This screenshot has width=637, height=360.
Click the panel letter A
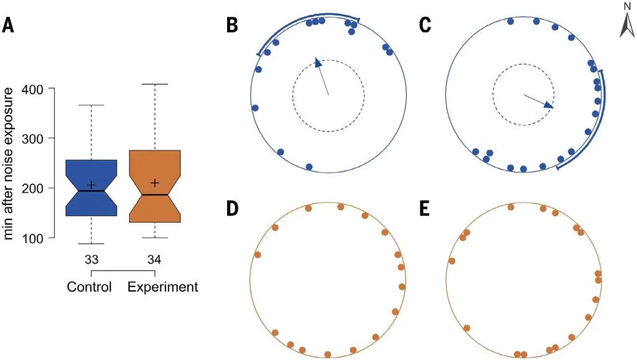[x=8, y=25]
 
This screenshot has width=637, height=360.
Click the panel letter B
[x=232, y=25]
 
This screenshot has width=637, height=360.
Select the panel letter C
[x=425, y=25]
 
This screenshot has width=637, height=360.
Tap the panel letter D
[x=232, y=209]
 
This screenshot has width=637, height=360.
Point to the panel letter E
[x=424, y=209]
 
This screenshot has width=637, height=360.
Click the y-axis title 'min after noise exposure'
[x=8, y=164]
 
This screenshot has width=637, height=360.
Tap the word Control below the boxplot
[x=90, y=287]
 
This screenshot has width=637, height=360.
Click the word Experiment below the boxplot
[x=163, y=287]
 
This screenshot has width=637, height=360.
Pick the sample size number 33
[x=91, y=260]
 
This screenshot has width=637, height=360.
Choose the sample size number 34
[x=154, y=260]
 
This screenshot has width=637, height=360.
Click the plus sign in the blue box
[x=91, y=185]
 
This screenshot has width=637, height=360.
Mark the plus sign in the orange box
[x=155, y=183]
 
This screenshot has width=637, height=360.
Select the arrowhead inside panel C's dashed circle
[x=549, y=105]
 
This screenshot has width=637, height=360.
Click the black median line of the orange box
[x=155, y=195]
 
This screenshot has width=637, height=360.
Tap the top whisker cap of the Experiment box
[x=155, y=84]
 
